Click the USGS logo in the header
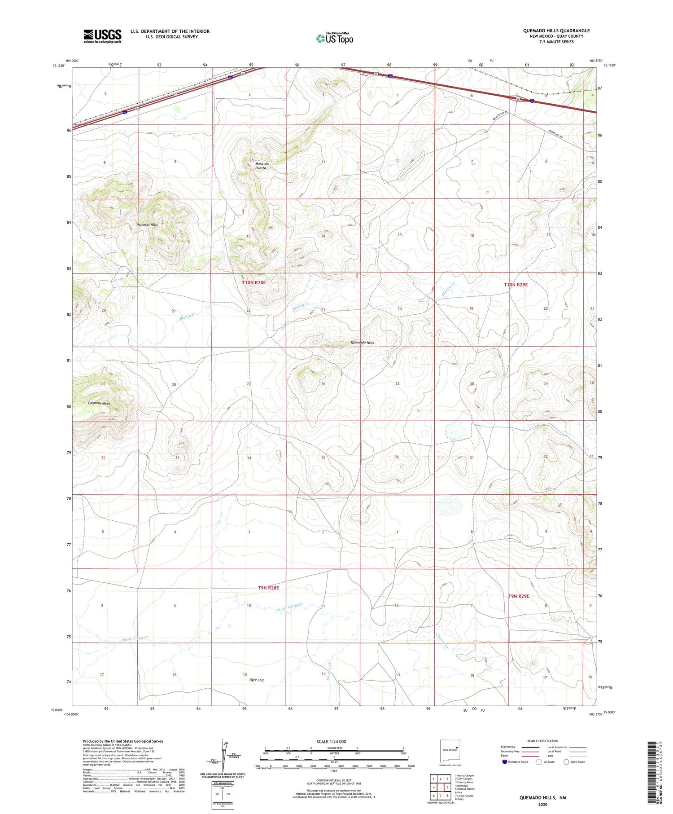pos(102,36)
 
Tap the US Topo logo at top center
pos(335,38)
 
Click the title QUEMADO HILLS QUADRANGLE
pos(556,31)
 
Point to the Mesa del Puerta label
pos(262,166)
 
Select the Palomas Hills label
pos(147,224)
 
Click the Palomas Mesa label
pos(99,403)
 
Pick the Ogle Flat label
pos(257,680)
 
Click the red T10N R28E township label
pos(254,282)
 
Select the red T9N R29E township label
pos(519,596)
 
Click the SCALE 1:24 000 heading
pos(331,741)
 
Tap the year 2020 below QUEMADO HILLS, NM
pos(543,805)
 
